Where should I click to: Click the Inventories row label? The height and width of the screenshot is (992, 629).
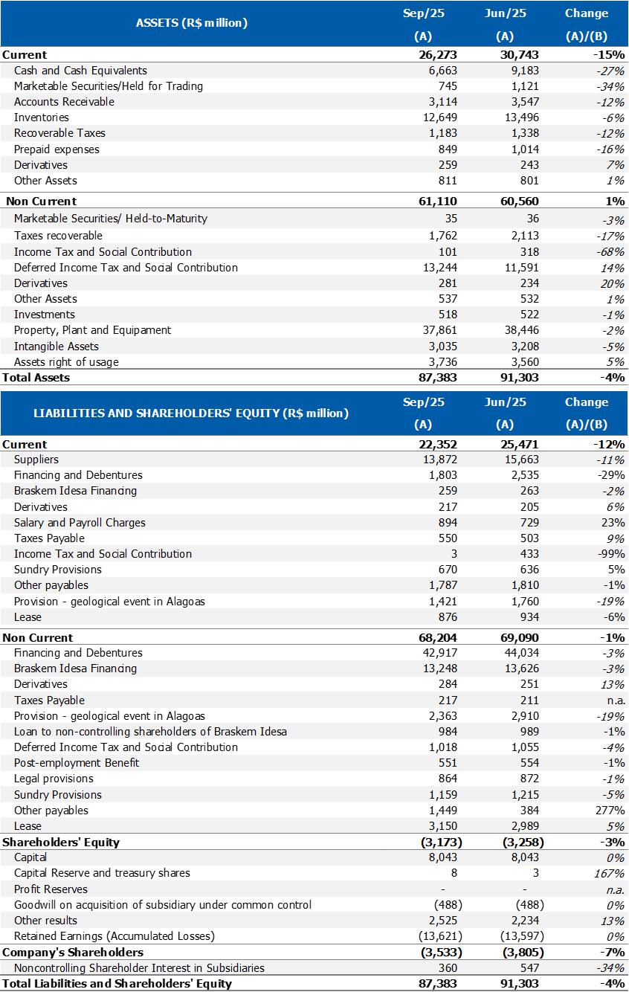(42, 117)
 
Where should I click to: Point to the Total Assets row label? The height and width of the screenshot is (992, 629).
(36, 378)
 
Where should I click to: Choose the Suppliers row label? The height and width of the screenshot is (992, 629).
(36, 460)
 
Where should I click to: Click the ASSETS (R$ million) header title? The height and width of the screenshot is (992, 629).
(191, 23)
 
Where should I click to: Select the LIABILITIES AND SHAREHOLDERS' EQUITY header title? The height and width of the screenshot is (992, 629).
(191, 413)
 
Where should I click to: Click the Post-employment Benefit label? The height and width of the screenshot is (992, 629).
(77, 763)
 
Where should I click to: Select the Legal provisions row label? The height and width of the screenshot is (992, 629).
(54, 779)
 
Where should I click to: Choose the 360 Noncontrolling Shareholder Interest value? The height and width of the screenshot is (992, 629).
(448, 968)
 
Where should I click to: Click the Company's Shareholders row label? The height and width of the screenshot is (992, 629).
(73, 953)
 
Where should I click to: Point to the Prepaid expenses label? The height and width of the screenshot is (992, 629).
(57, 149)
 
